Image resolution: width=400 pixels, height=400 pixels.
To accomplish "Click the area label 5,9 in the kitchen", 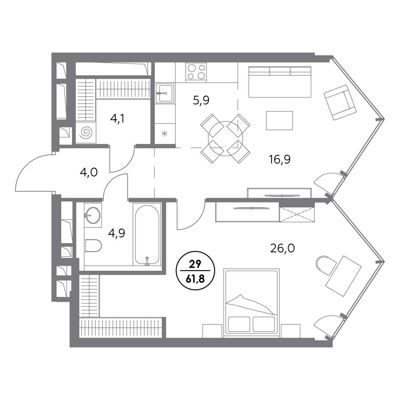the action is coord(201,101).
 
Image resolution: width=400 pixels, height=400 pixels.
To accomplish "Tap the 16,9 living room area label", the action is coord(279,160).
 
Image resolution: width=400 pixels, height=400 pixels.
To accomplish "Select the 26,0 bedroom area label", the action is coord(282,249).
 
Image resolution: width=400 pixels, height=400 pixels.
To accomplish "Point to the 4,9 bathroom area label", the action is coord(116,233).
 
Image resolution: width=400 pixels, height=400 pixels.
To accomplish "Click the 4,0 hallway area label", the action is coord(89,173).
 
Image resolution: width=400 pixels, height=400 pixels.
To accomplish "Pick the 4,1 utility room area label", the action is coord(117,119).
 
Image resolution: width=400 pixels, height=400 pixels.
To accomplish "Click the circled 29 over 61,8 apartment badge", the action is coord(195,270).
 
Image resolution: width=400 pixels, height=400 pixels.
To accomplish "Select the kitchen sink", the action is coord(165,93).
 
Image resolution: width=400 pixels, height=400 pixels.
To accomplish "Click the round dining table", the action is coord(226,139).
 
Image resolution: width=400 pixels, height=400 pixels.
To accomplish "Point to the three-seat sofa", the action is coord(280,82).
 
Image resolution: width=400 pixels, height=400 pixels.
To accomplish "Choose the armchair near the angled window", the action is coord(340,102).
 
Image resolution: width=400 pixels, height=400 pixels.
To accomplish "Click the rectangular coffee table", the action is coord(279,121).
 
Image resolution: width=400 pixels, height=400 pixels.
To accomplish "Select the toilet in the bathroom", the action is coord(93,246).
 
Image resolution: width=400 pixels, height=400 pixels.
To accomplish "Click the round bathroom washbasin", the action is coord(93,215).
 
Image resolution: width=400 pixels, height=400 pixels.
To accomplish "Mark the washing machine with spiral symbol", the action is coord(86,133).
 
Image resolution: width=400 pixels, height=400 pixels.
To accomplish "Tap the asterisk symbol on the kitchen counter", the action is coord(164,134).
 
